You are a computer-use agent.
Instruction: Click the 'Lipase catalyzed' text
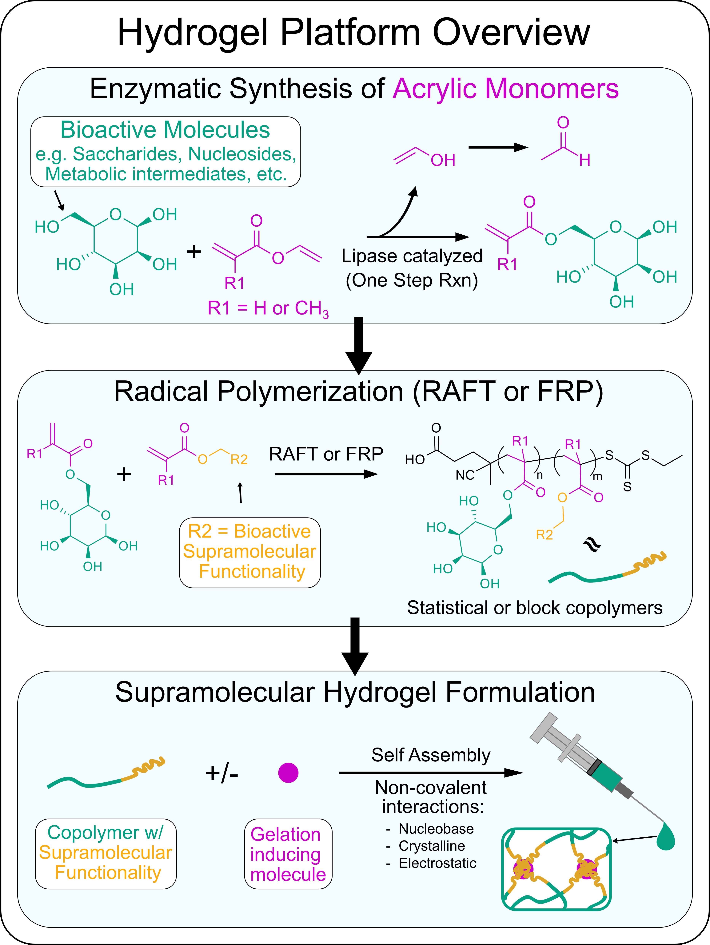(x=412, y=256)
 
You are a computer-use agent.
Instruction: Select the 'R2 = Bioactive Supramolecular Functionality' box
(x=250, y=552)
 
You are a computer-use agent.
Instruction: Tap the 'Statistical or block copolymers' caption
(x=534, y=607)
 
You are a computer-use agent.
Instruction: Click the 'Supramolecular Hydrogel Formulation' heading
(x=355, y=692)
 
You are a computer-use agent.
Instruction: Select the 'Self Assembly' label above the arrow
(x=431, y=755)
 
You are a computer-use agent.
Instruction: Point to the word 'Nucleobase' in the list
(x=436, y=829)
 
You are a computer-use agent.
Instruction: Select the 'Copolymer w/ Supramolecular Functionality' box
(x=106, y=853)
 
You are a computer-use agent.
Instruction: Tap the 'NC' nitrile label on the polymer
(x=465, y=475)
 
